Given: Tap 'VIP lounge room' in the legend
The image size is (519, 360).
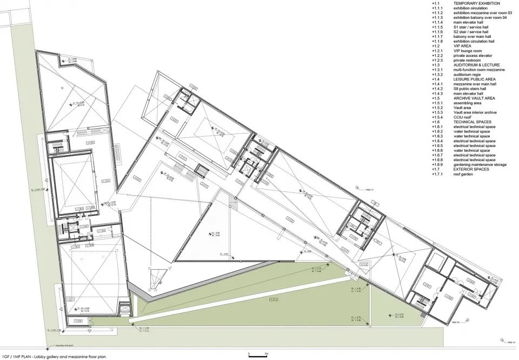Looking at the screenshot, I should click(466, 50).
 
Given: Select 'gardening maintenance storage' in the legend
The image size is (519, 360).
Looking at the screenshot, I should click(480, 164).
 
